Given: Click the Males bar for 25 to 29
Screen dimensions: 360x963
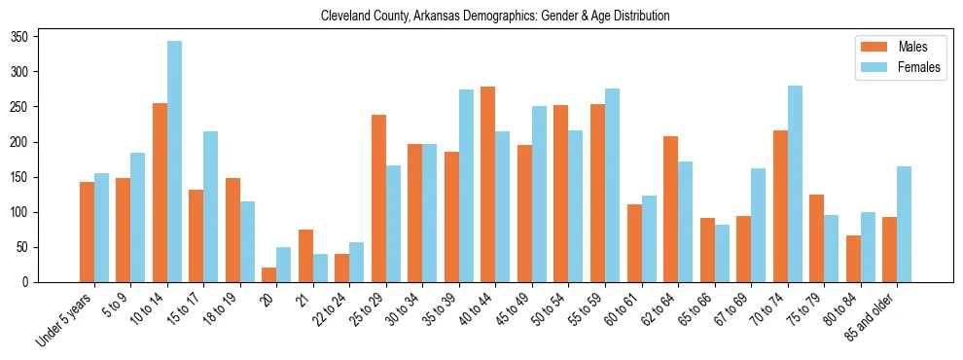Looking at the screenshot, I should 378,198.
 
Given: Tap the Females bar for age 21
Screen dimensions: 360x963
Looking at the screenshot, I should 320,268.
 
